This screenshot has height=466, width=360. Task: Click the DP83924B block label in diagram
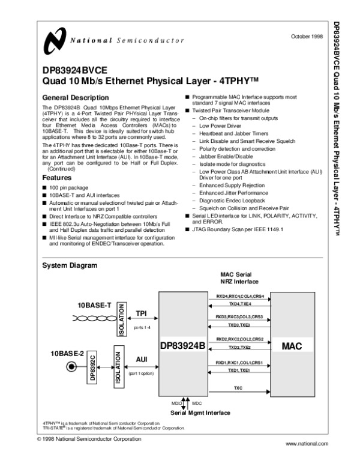click(182, 346)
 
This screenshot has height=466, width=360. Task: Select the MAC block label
click(291, 346)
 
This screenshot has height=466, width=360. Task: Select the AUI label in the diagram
click(142, 359)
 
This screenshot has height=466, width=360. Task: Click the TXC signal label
click(238, 389)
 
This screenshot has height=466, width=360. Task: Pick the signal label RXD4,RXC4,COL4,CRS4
click(239, 297)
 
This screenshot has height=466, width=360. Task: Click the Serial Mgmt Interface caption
click(200, 413)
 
